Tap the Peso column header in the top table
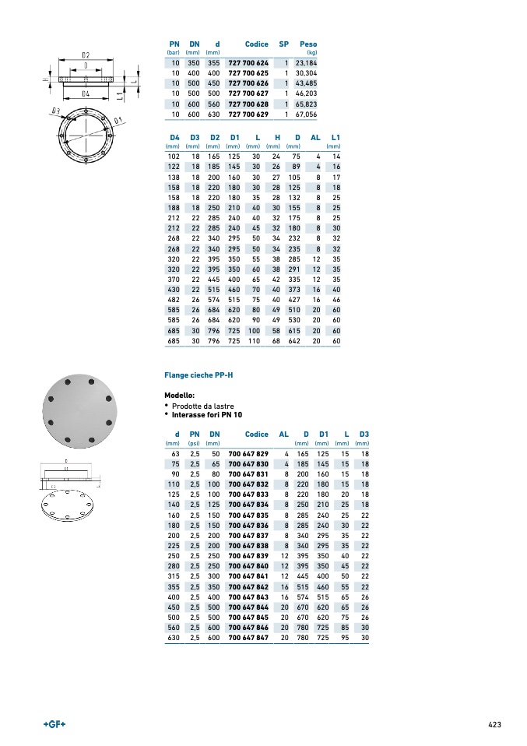(308, 44)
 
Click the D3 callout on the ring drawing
(55, 111)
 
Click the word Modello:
(179, 396)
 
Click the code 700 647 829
(248, 453)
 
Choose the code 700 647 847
(248, 638)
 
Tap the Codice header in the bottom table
(257, 435)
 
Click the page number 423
(494, 724)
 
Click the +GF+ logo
(54, 724)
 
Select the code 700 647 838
(248, 546)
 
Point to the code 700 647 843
(248, 596)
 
